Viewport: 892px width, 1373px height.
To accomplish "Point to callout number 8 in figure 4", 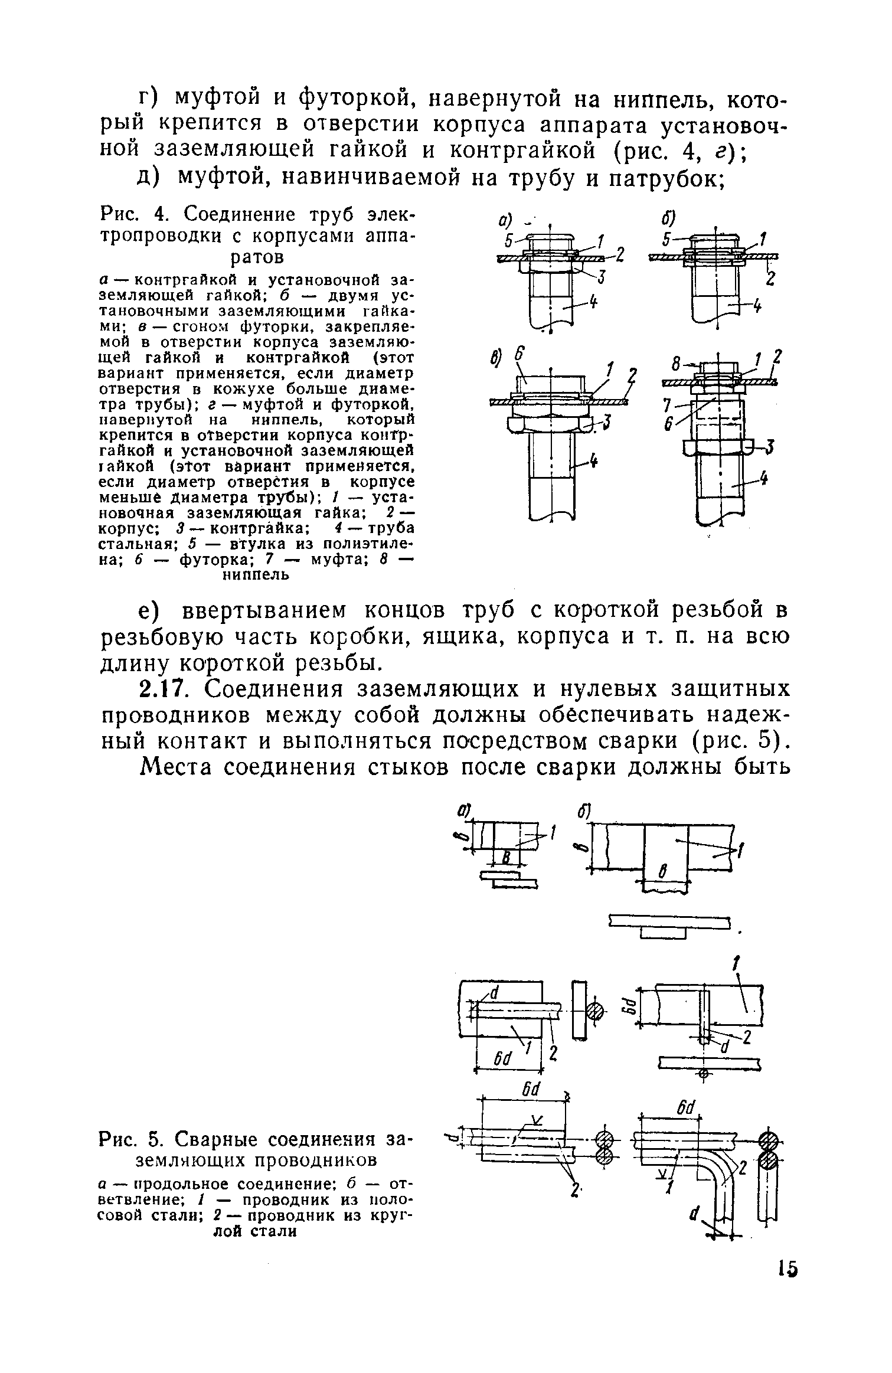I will pyautogui.click(x=673, y=360).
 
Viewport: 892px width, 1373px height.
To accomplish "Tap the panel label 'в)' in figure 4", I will pyautogui.click(x=496, y=358).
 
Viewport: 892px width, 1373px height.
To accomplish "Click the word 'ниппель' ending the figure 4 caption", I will pyautogui.click(x=255, y=574).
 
